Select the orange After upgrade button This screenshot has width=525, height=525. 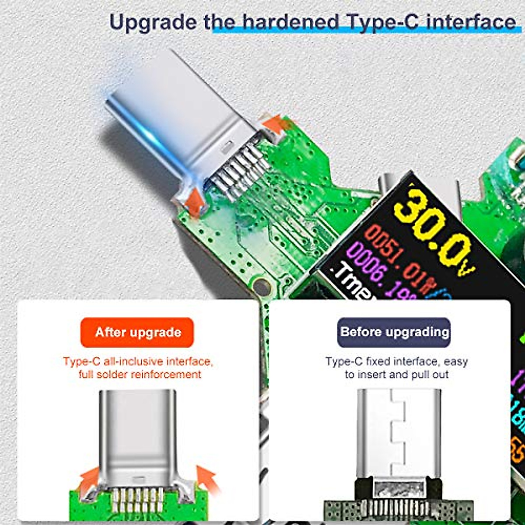[137, 332]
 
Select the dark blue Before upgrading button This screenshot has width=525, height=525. [394, 332]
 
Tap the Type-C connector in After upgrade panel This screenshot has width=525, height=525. [138, 442]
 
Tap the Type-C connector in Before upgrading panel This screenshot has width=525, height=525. [396, 442]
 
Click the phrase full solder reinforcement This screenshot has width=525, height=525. [140, 374]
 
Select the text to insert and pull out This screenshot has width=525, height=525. [396, 374]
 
